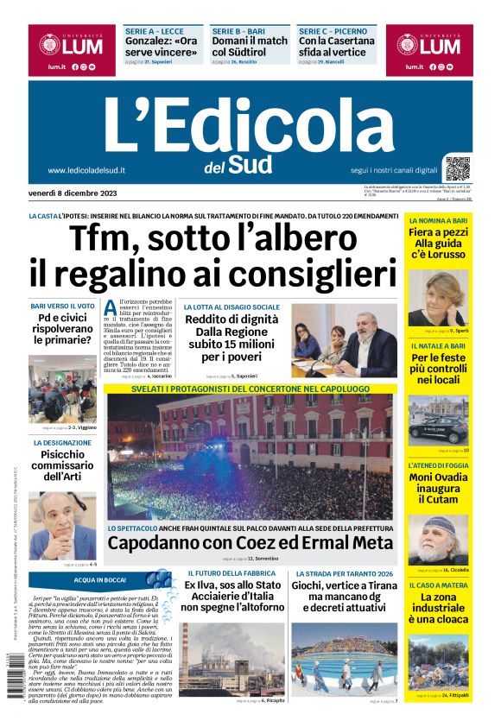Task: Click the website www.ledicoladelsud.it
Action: (86, 170)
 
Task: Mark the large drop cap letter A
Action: (111, 308)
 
